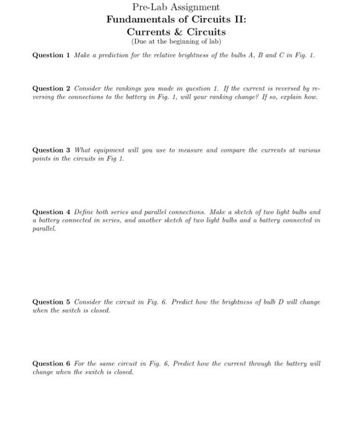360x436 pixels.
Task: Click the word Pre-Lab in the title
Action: (148, 7)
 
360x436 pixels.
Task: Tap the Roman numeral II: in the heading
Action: (237, 19)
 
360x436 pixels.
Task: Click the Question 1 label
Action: (52, 55)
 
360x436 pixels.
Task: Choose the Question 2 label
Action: (52, 88)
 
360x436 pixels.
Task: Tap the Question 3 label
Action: (52, 150)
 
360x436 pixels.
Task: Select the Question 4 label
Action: (52, 212)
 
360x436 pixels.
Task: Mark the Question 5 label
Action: (52, 302)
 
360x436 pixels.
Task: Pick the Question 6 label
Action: (52, 364)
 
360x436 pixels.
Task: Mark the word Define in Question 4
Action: (85, 212)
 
